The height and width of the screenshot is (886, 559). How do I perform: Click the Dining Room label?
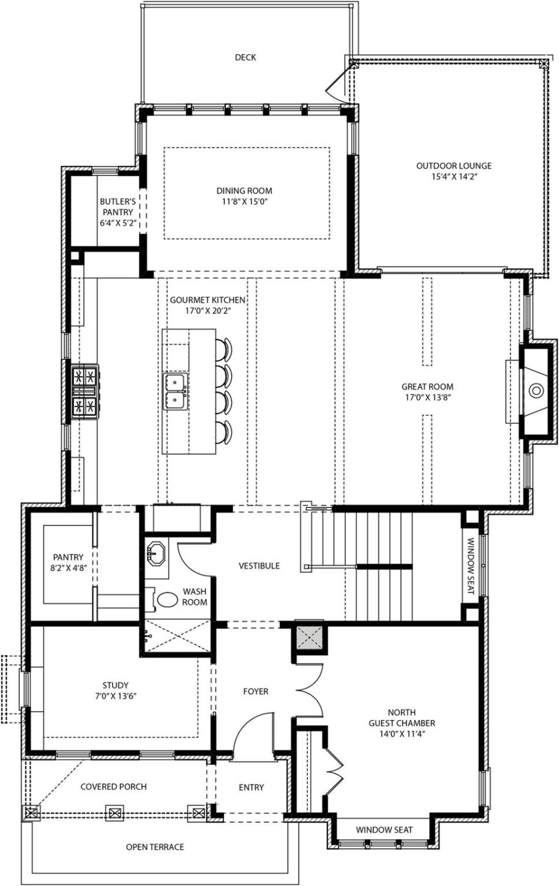click(244, 191)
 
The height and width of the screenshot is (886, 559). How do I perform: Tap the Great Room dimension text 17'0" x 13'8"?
click(427, 397)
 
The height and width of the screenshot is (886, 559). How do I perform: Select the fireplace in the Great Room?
click(536, 390)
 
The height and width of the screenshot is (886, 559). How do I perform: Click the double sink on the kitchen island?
click(175, 391)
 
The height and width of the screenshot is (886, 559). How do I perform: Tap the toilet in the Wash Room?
click(166, 599)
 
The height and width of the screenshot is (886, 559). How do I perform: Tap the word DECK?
click(245, 57)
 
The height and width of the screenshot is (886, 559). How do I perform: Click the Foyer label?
click(255, 692)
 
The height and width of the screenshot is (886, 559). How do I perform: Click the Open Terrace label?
click(155, 847)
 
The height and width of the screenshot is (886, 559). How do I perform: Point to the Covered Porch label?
click(113, 786)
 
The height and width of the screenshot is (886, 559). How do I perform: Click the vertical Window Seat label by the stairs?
click(470, 566)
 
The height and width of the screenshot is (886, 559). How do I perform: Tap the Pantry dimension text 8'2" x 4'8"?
click(68, 569)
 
